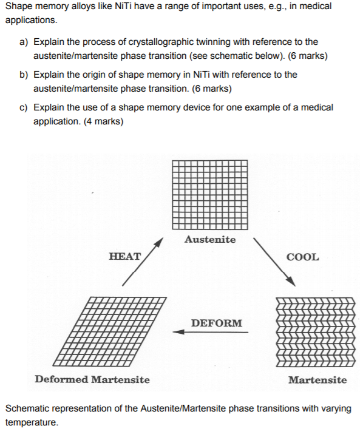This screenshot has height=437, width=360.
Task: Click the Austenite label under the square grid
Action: pyautogui.click(x=210, y=239)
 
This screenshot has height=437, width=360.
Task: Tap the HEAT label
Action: pyautogui.click(x=124, y=256)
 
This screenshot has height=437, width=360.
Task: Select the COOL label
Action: pyautogui.click(x=302, y=257)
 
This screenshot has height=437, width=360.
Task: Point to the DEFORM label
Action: pyautogui.click(x=216, y=323)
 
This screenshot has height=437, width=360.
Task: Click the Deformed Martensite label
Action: pyautogui.click(x=92, y=379)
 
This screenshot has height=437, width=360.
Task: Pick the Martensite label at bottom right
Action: pyautogui.click(x=318, y=380)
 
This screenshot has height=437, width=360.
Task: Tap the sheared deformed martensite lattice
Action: pyautogui.click(x=110, y=331)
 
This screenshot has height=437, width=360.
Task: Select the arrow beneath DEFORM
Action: pyautogui.click(x=210, y=332)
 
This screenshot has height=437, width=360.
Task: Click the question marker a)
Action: pyautogui.click(x=24, y=42)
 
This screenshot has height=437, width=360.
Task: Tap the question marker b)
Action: pyautogui.click(x=24, y=75)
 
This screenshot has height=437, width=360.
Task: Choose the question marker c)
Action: pyautogui.click(x=24, y=107)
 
